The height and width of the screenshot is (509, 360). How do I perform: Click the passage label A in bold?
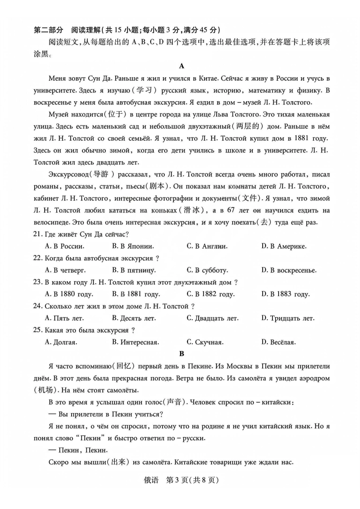[x=182, y=66]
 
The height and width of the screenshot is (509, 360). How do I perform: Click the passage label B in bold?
[x=182, y=354]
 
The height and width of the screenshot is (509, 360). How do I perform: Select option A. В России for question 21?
[x=64, y=246]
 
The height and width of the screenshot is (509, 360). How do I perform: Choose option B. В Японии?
[x=133, y=246]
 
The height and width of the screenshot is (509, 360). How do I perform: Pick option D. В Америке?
[x=283, y=246]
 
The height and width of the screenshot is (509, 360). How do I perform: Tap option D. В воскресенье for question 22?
[x=288, y=270]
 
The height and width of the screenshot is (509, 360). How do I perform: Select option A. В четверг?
[x=65, y=270]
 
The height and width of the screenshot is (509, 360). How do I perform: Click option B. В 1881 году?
[x=136, y=294]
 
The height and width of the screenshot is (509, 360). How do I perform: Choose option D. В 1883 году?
[x=285, y=294]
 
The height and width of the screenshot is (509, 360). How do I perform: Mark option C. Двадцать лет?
[x=212, y=318]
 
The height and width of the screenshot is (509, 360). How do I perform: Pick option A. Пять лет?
[x=64, y=318]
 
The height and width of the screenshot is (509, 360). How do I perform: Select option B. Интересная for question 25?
[x=135, y=342]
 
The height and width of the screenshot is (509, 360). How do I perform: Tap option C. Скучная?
[x=205, y=342]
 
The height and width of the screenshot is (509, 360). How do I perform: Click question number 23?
[x=38, y=282]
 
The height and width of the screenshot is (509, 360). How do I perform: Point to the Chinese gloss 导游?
[x=101, y=174]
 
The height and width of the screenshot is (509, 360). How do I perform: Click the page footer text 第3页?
[x=177, y=480]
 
